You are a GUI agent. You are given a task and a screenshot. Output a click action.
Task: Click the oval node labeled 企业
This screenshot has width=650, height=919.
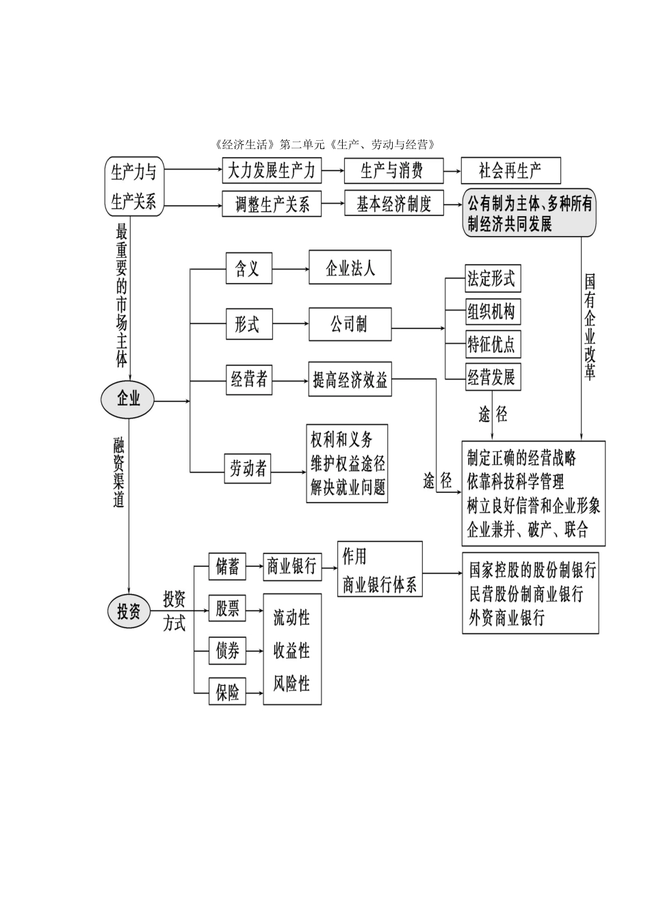(128, 399)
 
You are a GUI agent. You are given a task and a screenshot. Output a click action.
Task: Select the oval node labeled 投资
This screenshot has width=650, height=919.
(128, 611)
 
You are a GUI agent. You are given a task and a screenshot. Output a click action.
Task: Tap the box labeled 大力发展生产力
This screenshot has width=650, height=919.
(272, 171)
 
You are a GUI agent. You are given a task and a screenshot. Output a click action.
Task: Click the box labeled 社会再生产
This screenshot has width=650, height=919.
(510, 171)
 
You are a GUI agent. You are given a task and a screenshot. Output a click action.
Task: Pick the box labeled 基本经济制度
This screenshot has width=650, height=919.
(393, 204)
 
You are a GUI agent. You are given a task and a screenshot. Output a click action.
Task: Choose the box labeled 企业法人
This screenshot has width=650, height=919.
(350, 267)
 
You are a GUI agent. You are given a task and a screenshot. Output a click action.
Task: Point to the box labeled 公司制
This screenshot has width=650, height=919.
(350, 324)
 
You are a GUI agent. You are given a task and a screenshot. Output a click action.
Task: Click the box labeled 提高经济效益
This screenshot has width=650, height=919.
(350, 381)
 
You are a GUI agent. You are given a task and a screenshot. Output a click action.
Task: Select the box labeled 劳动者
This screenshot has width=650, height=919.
(248, 470)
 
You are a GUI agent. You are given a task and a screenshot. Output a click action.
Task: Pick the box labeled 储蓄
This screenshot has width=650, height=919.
(227, 567)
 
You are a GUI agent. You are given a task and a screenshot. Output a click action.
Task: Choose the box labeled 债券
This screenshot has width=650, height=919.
(227, 651)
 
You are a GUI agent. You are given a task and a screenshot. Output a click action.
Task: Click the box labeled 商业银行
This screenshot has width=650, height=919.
(292, 567)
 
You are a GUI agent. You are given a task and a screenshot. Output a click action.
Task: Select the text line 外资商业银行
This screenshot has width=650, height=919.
(507, 618)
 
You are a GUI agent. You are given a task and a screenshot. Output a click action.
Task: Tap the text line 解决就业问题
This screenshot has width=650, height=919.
(348, 488)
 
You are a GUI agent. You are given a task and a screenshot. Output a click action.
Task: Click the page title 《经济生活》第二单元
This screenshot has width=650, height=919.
(324, 144)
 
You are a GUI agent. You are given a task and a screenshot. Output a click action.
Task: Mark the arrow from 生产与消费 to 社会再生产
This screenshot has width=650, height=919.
(452, 171)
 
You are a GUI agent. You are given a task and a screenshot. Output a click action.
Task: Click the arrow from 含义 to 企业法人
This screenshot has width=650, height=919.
(290, 269)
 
